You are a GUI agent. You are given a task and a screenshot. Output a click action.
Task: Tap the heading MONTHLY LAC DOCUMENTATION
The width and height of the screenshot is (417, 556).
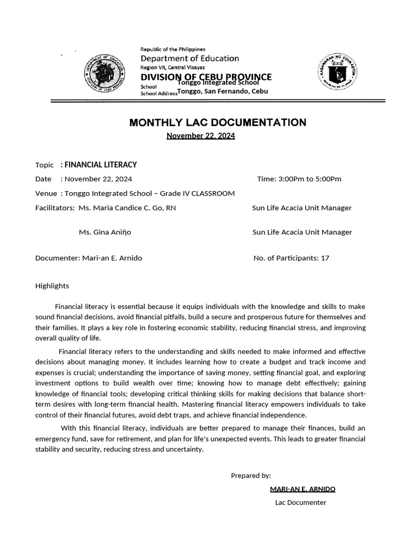click(217, 123)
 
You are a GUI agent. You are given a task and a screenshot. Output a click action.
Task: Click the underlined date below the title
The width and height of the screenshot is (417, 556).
click(200, 136)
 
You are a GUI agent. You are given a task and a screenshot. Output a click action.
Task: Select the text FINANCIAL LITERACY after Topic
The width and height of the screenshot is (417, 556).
click(100, 165)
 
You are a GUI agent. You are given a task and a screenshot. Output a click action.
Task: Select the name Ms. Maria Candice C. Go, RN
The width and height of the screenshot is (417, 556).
click(127, 208)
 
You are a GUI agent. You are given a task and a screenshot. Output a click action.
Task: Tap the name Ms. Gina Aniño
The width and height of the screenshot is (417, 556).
click(105, 232)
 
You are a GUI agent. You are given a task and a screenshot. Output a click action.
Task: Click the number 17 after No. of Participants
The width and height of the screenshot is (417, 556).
click(325, 258)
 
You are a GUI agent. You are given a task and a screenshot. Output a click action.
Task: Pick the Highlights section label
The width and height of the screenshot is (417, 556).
click(52, 286)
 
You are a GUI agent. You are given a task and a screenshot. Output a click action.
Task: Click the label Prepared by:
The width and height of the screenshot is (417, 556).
click(251, 476)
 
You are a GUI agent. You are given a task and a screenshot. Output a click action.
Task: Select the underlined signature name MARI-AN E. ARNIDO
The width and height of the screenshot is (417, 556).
click(302, 489)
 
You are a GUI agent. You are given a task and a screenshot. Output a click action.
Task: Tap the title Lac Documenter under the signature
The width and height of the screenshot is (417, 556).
click(301, 503)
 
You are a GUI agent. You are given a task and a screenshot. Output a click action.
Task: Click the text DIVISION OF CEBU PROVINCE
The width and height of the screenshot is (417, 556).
click(206, 77)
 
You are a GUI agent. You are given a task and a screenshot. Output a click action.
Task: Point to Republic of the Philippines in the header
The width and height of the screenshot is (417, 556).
click(173, 49)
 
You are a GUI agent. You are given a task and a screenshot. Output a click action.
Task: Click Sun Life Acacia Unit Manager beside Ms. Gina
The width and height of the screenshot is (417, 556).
click(302, 232)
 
